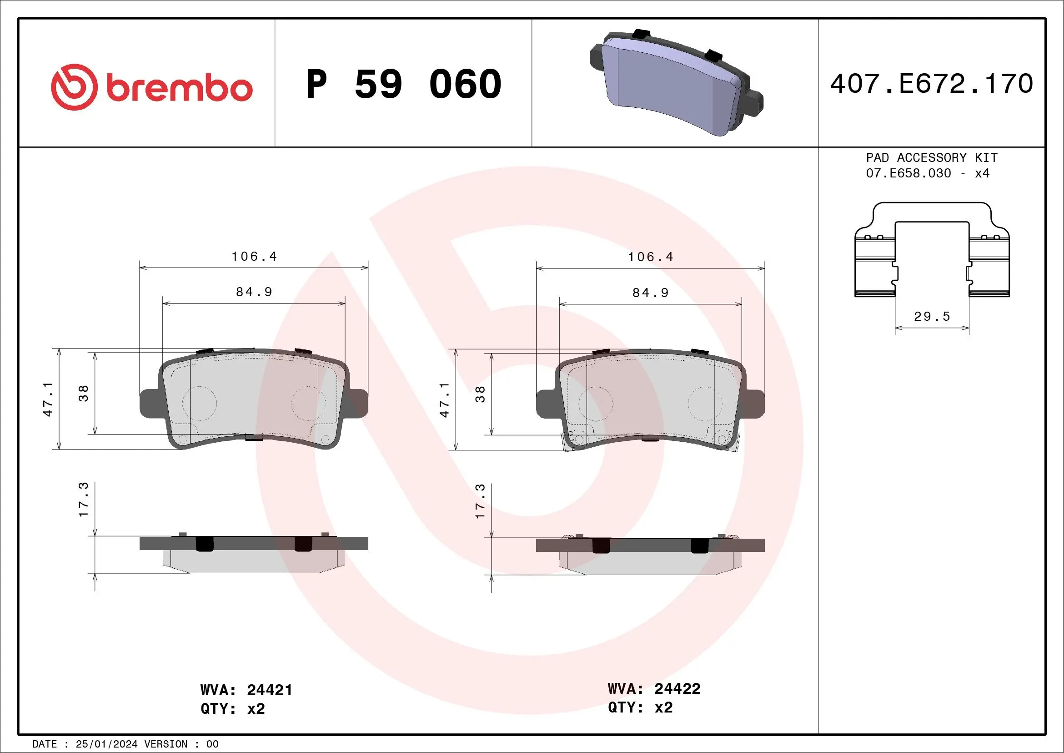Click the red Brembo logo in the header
(x=151, y=87)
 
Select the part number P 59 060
(x=404, y=84)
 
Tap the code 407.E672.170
(x=932, y=84)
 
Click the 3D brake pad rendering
(x=676, y=84)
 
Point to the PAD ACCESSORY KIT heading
(x=932, y=157)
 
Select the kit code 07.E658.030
(x=908, y=173)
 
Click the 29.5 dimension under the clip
(x=932, y=317)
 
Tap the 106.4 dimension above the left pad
(x=254, y=257)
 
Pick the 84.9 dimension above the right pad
(x=650, y=293)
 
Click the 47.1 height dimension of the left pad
(x=48, y=399)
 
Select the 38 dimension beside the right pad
(x=480, y=394)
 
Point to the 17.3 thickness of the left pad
(x=83, y=500)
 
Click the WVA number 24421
(x=269, y=690)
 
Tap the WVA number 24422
(x=677, y=688)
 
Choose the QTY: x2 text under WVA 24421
(x=232, y=709)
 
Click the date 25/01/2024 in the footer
(x=106, y=744)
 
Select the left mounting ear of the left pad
(x=150, y=403)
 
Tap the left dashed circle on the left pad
(x=199, y=403)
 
